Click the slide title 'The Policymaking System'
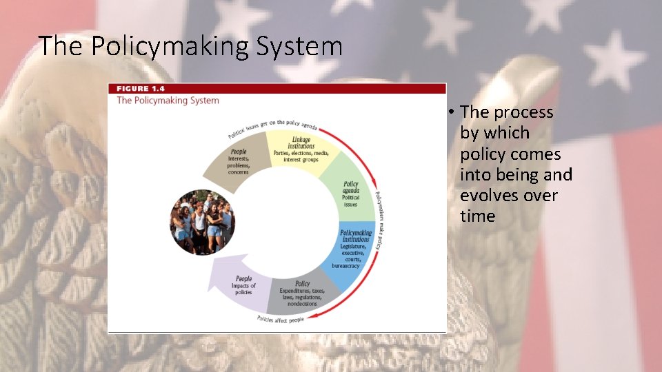[190, 46]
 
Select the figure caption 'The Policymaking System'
[168, 101]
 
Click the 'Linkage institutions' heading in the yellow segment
[301, 143]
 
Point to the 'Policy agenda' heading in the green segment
[350, 187]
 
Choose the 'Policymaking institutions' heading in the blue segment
[356, 236]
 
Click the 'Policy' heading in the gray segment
[302, 283]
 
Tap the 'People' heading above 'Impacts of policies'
[244, 278]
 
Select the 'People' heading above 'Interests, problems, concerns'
[239, 152]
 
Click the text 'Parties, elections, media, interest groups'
[301, 156]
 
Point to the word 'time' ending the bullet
[477, 216]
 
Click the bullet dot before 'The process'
[449, 112]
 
